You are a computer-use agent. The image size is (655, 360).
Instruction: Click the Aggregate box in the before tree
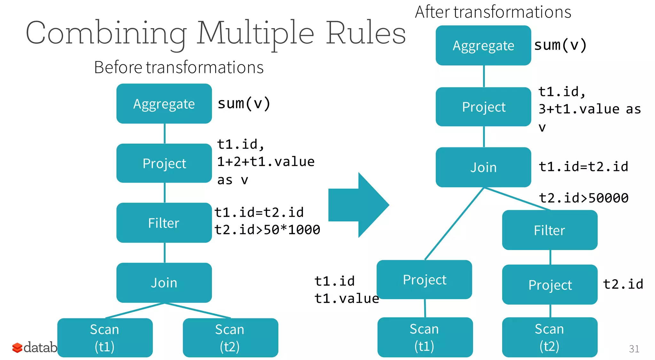[164, 104]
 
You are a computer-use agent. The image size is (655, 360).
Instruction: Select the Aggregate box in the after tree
[483, 45]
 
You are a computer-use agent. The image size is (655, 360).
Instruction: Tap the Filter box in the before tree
[164, 223]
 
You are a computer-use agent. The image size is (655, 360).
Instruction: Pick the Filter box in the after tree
[549, 230]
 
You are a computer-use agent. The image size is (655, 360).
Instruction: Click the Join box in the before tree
[164, 283]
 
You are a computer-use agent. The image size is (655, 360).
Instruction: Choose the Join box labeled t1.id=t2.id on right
[483, 167]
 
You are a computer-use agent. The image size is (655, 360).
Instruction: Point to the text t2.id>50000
[584, 198]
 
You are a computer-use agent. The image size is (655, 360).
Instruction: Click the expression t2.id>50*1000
[267, 230]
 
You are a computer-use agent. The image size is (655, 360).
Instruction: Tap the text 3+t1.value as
[589, 109]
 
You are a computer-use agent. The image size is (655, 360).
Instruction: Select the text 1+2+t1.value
[266, 161]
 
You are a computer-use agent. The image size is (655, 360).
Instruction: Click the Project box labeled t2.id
[549, 285]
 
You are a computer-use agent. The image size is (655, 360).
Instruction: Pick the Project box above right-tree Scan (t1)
[424, 279]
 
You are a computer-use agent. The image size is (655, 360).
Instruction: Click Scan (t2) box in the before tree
[230, 337]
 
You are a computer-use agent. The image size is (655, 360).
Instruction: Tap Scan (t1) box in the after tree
[425, 337]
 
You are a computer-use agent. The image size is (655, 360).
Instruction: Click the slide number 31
[634, 348]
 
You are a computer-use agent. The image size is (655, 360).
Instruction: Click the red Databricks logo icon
[17, 348]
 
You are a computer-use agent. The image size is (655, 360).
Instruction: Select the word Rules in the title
[366, 33]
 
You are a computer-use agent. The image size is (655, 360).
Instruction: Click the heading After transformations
[493, 12]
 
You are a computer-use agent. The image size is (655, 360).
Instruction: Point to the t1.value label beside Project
[346, 298]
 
